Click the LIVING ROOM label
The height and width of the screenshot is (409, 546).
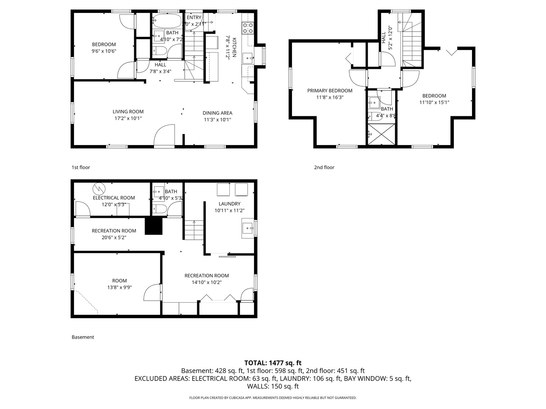(128, 112)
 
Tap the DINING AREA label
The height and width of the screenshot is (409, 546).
(217, 113)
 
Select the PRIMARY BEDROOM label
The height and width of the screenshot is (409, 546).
(329, 91)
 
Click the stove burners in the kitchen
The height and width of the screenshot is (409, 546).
(248, 28)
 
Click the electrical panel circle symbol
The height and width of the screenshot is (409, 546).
(99, 188)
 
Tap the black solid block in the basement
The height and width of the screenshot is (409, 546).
(154, 227)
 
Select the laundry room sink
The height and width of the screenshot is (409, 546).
(248, 228)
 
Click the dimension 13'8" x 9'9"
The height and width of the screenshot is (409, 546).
(119, 287)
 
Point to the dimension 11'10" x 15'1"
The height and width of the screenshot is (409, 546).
(434, 102)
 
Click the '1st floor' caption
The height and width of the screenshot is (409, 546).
(81, 167)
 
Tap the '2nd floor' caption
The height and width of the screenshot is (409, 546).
(324, 167)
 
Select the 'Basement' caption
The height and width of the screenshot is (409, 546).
(83, 337)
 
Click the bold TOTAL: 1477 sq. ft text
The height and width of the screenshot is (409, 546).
(273, 363)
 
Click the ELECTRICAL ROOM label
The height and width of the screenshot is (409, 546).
(114, 198)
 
